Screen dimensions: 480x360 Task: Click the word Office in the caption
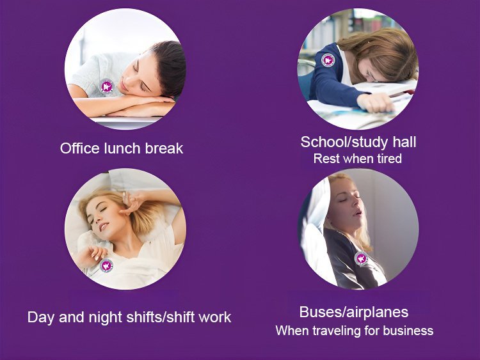coord(80,148)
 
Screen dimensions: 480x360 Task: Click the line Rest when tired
coord(358,159)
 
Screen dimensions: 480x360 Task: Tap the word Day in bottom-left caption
coord(42,318)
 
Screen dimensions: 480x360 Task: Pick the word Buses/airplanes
coord(354,312)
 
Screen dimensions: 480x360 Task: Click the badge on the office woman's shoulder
coord(106,86)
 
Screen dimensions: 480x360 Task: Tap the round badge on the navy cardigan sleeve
coord(328,60)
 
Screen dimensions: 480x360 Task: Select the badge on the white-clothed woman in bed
coord(106,265)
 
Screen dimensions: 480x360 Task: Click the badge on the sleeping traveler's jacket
coord(361,258)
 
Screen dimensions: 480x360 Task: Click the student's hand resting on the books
coord(375,102)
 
